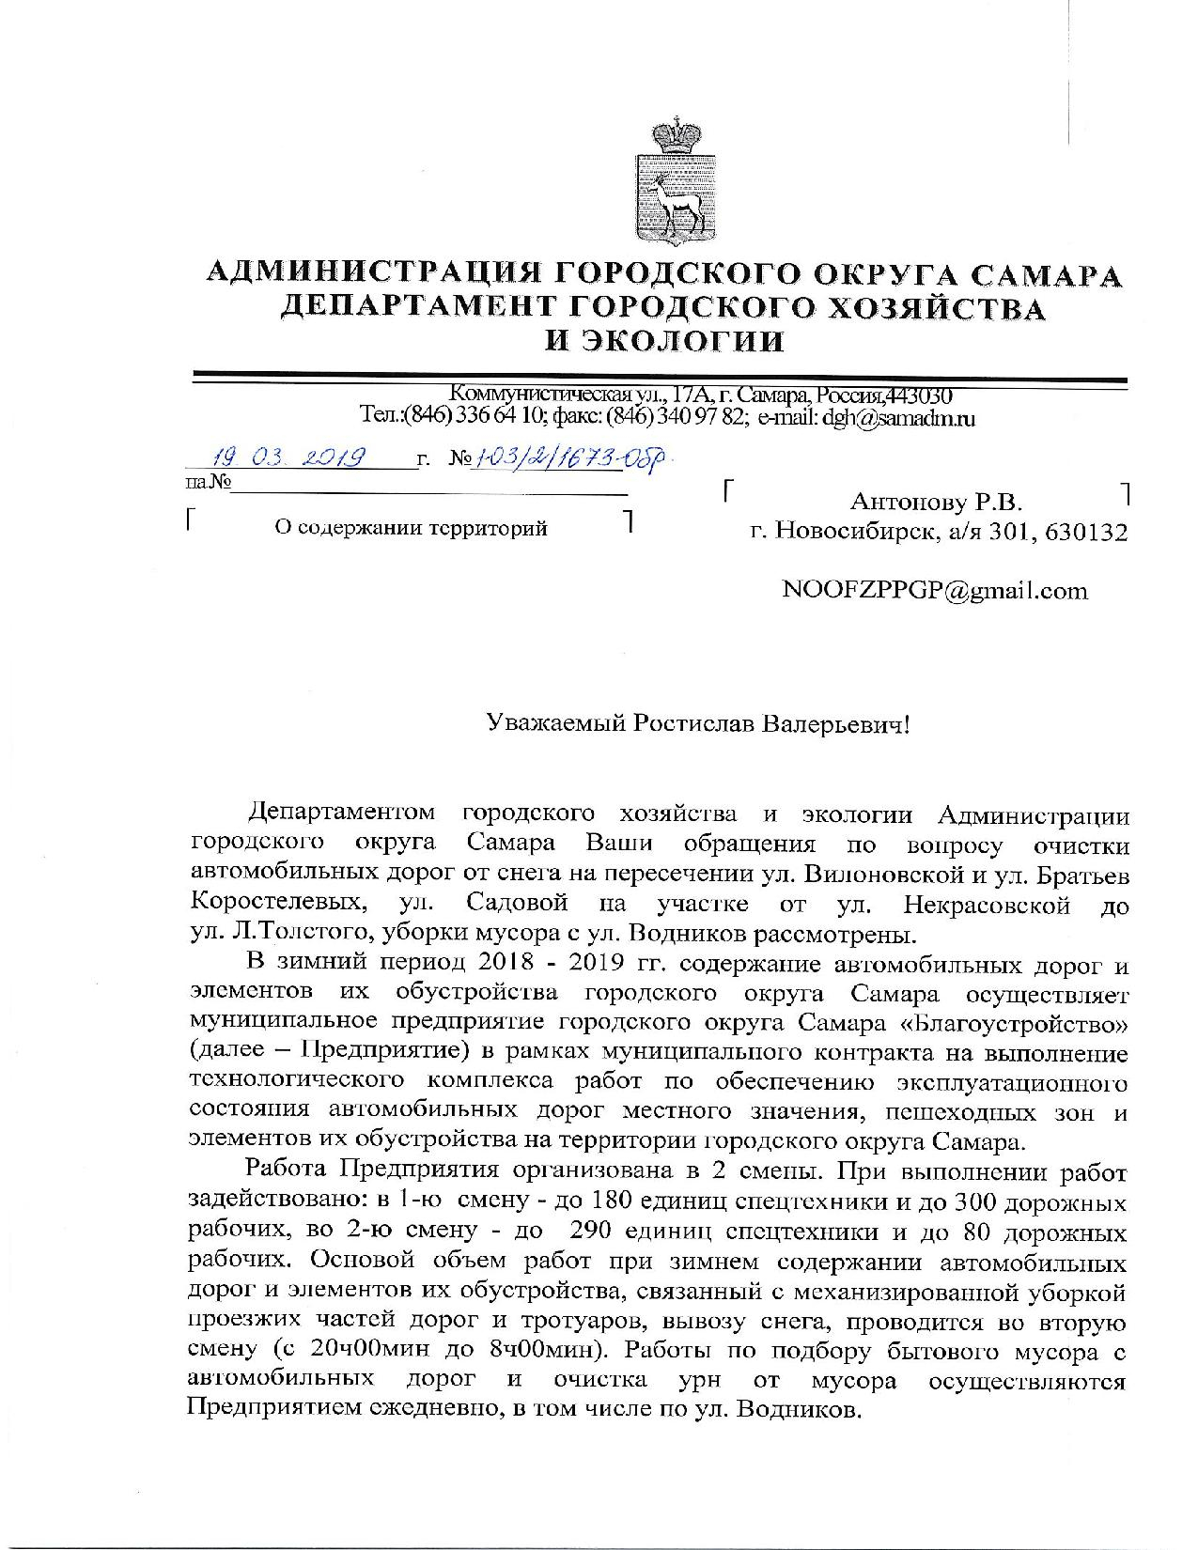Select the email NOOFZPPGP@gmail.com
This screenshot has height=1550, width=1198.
point(935,591)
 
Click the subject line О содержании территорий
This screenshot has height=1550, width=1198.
point(409,528)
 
